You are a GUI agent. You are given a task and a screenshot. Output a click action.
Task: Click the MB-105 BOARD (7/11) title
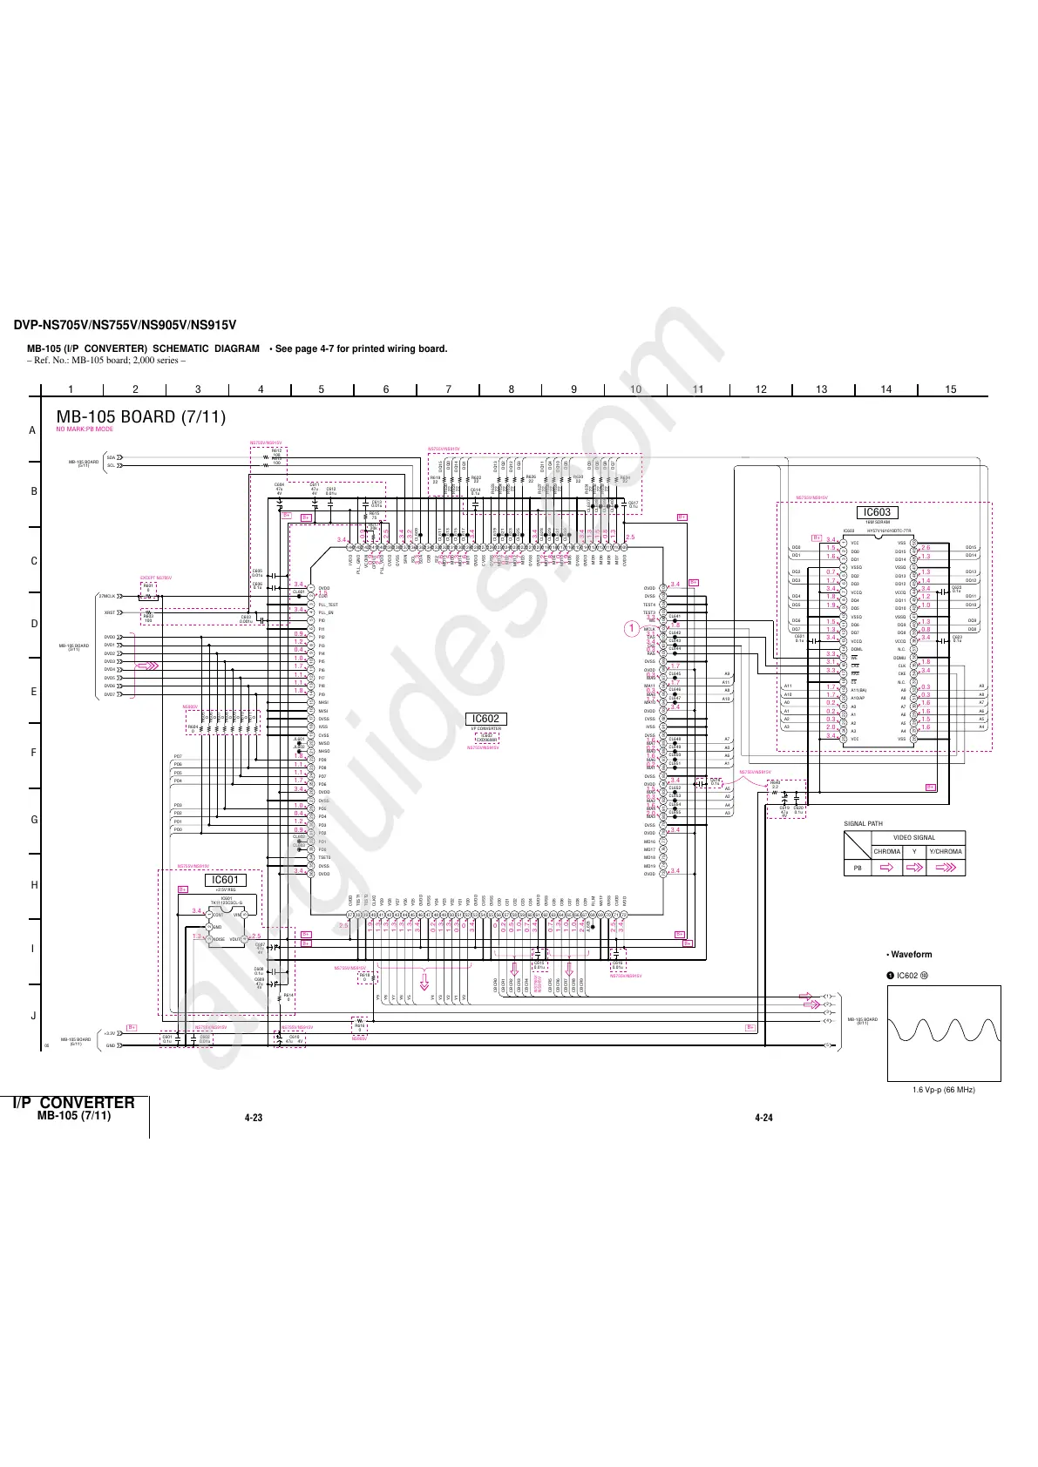[140, 416]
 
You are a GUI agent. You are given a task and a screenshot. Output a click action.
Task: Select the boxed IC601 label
[225, 880]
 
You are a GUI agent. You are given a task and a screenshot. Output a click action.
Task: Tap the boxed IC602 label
[485, 719]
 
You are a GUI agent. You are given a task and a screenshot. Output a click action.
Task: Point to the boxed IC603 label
[877, 513]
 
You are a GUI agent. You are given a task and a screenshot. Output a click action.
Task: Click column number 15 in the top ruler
[951, 389]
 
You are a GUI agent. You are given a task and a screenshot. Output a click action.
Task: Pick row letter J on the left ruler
[33, 1016]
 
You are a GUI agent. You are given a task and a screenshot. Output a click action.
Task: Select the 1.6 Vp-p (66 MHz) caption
[943, 1090]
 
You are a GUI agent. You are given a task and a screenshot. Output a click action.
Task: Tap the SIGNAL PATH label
[863, 823]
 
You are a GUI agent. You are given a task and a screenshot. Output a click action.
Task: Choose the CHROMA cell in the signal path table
[886, 851]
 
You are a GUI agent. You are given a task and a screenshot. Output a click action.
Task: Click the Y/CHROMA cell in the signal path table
[946, 851]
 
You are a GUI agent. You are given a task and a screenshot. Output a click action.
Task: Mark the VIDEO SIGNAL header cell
[914, 838]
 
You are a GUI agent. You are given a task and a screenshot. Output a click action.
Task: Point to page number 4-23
[254, 1118]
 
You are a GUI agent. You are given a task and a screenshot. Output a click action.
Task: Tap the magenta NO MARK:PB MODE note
[85, 429]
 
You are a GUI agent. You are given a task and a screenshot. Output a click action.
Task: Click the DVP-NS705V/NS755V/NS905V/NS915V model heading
[125, 326]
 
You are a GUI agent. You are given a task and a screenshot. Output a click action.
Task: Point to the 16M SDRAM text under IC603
[877, 523]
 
